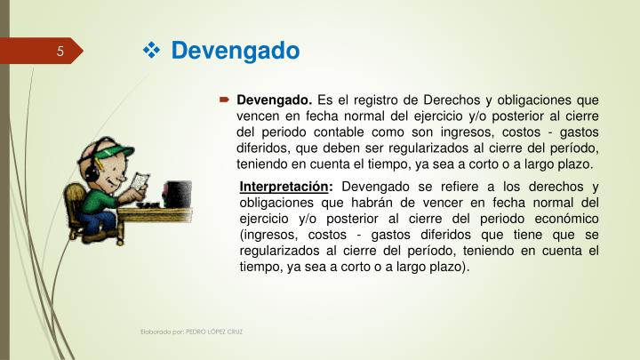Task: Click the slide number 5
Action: click(60, 50)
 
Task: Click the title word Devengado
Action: click(235, 51)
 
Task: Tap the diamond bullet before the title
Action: click(151, 51)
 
